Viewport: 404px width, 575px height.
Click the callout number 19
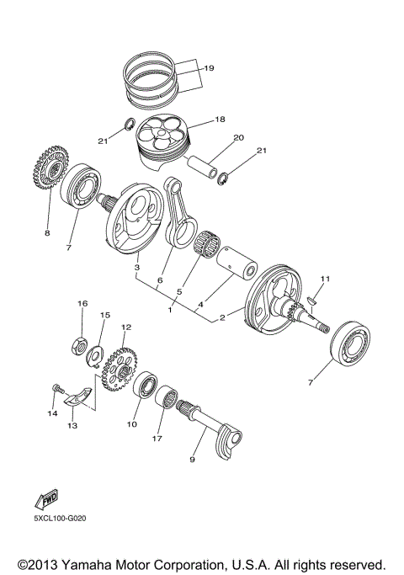pos(210,68)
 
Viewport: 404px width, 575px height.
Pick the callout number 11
pos(325,279)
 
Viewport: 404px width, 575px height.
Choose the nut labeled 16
pos(82,343)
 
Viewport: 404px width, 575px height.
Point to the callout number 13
pos(72,426)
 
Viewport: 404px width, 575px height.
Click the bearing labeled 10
pos(150,389)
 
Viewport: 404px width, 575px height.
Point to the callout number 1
pos(171,310)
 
